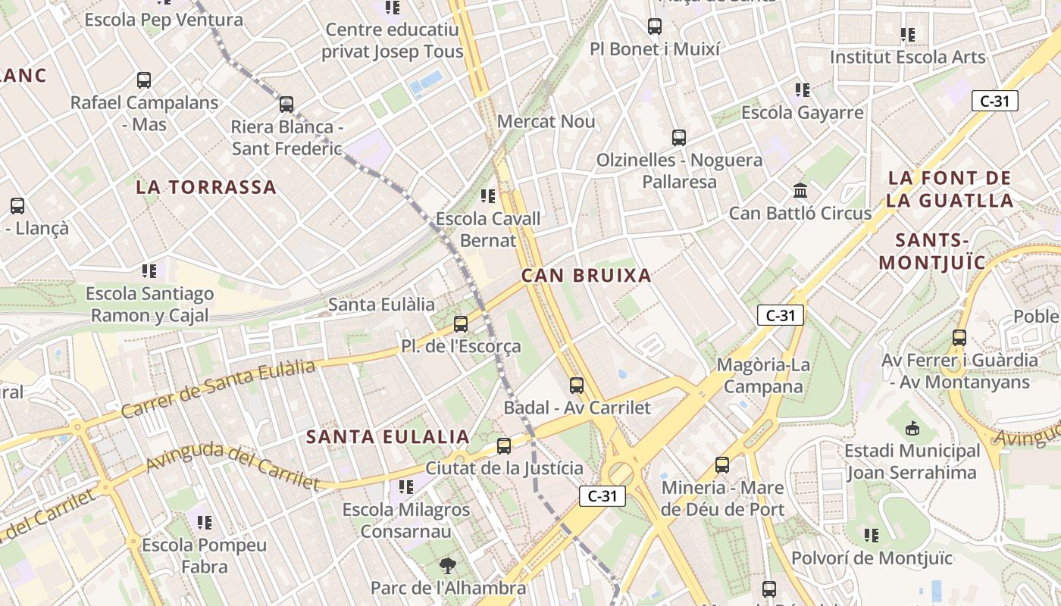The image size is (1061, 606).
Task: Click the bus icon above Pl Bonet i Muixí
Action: (x=655, y=27)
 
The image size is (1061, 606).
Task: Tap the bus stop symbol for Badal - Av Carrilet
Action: (x=577, y=386)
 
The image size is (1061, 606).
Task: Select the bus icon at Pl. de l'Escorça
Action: (x=460, y=324)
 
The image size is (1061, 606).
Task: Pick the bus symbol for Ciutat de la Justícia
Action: (x=504, y=446)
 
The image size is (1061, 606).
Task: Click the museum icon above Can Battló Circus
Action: (x=800, y=190)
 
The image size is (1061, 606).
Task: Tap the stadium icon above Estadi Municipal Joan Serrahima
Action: (x=912, y=429)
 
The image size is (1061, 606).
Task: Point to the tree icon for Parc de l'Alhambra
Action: (x=448, y=565)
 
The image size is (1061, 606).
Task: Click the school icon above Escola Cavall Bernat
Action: (x=488, y=196)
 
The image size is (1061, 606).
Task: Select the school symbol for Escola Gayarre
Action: (x=803, y=90)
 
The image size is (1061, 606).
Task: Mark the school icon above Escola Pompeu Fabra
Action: (x=204, y=522)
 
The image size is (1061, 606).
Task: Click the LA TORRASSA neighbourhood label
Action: (x=206, y=187)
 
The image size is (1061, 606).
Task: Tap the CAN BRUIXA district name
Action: (x=587, y=276)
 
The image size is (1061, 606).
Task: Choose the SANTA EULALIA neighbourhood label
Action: (x=388, y=437)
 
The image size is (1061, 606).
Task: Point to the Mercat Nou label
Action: (x=546, y=121)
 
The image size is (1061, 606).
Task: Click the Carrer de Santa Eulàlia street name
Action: (x=218, y=389)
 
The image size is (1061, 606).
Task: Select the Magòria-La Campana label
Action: (x=763, y=376)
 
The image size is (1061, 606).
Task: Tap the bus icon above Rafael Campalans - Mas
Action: (x=144, y=80)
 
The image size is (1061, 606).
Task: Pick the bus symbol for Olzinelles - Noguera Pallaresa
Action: (x=679, y=138)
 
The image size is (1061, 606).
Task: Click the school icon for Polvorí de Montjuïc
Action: (x=872, y=536)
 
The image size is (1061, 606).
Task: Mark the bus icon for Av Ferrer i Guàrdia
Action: (x=959, y=338)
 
